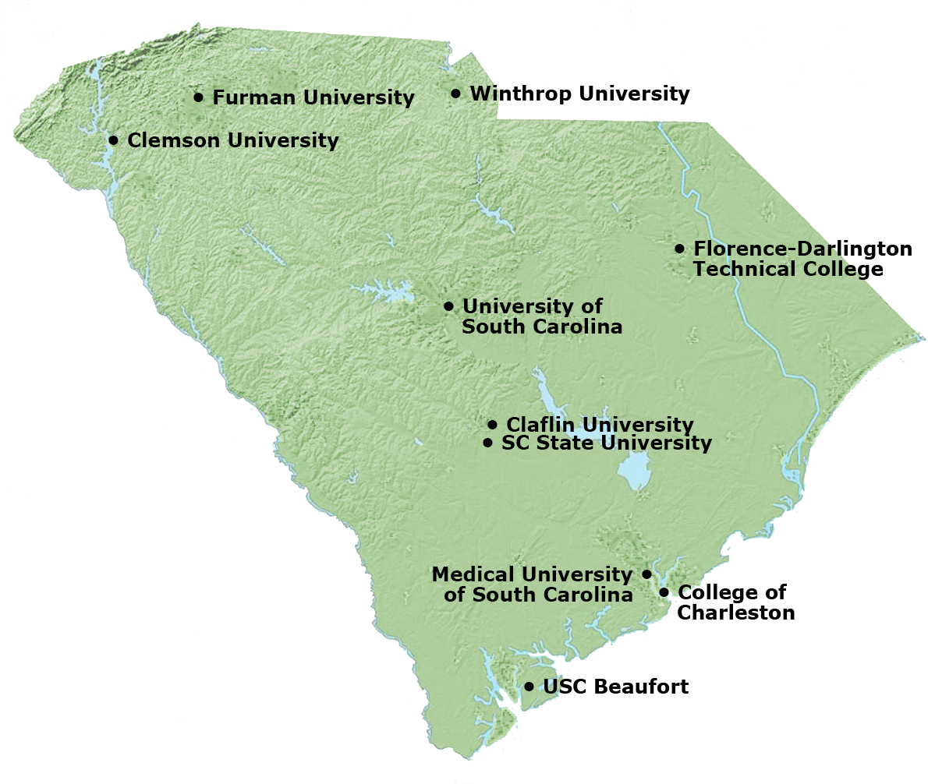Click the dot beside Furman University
[198, 97]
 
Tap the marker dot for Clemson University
[113, 140]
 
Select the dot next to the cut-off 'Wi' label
[455, 94]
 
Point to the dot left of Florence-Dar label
[679, 249]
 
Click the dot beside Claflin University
[492, 425]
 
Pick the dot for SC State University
[487, 443]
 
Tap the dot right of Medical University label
[646, 574]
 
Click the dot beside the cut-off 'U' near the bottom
[529, 687]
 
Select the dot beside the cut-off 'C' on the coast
[664, 592]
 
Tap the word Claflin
[539, 425]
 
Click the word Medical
[473, 574]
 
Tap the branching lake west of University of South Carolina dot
[384, 293]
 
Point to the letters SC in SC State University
[515, 443]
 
